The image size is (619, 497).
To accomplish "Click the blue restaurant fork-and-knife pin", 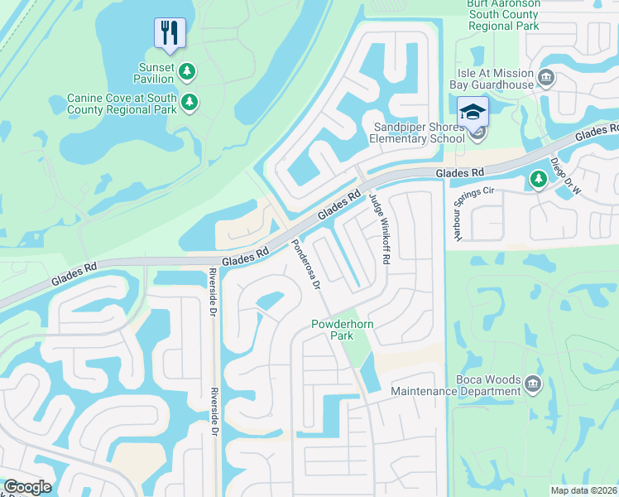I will coord(169,33).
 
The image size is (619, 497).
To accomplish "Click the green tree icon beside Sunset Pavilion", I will coord(188,73).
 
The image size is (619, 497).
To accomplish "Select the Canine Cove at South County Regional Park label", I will coord(122,104).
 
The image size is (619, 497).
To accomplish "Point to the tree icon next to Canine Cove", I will coord(191,103).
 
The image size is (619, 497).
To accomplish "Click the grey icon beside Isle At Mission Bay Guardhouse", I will coord(545,79).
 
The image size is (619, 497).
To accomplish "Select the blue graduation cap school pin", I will coord(473,112).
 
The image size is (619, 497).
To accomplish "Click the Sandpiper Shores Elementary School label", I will coord(419,133).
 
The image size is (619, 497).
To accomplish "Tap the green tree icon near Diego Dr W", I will coord(538,178).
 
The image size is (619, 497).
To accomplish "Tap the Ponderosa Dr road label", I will coord(305,264).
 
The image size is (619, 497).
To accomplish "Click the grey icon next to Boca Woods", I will coord(532,384).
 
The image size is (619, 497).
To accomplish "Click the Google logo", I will coord(26,487).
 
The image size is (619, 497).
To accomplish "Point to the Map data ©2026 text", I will coord(583,490).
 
